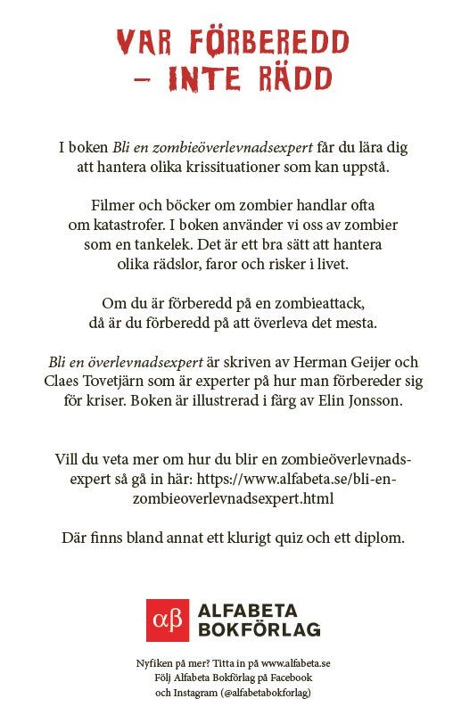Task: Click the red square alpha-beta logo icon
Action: [168, 620]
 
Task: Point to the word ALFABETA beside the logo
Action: [257, 612]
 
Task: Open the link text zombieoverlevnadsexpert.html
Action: [233, 499]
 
